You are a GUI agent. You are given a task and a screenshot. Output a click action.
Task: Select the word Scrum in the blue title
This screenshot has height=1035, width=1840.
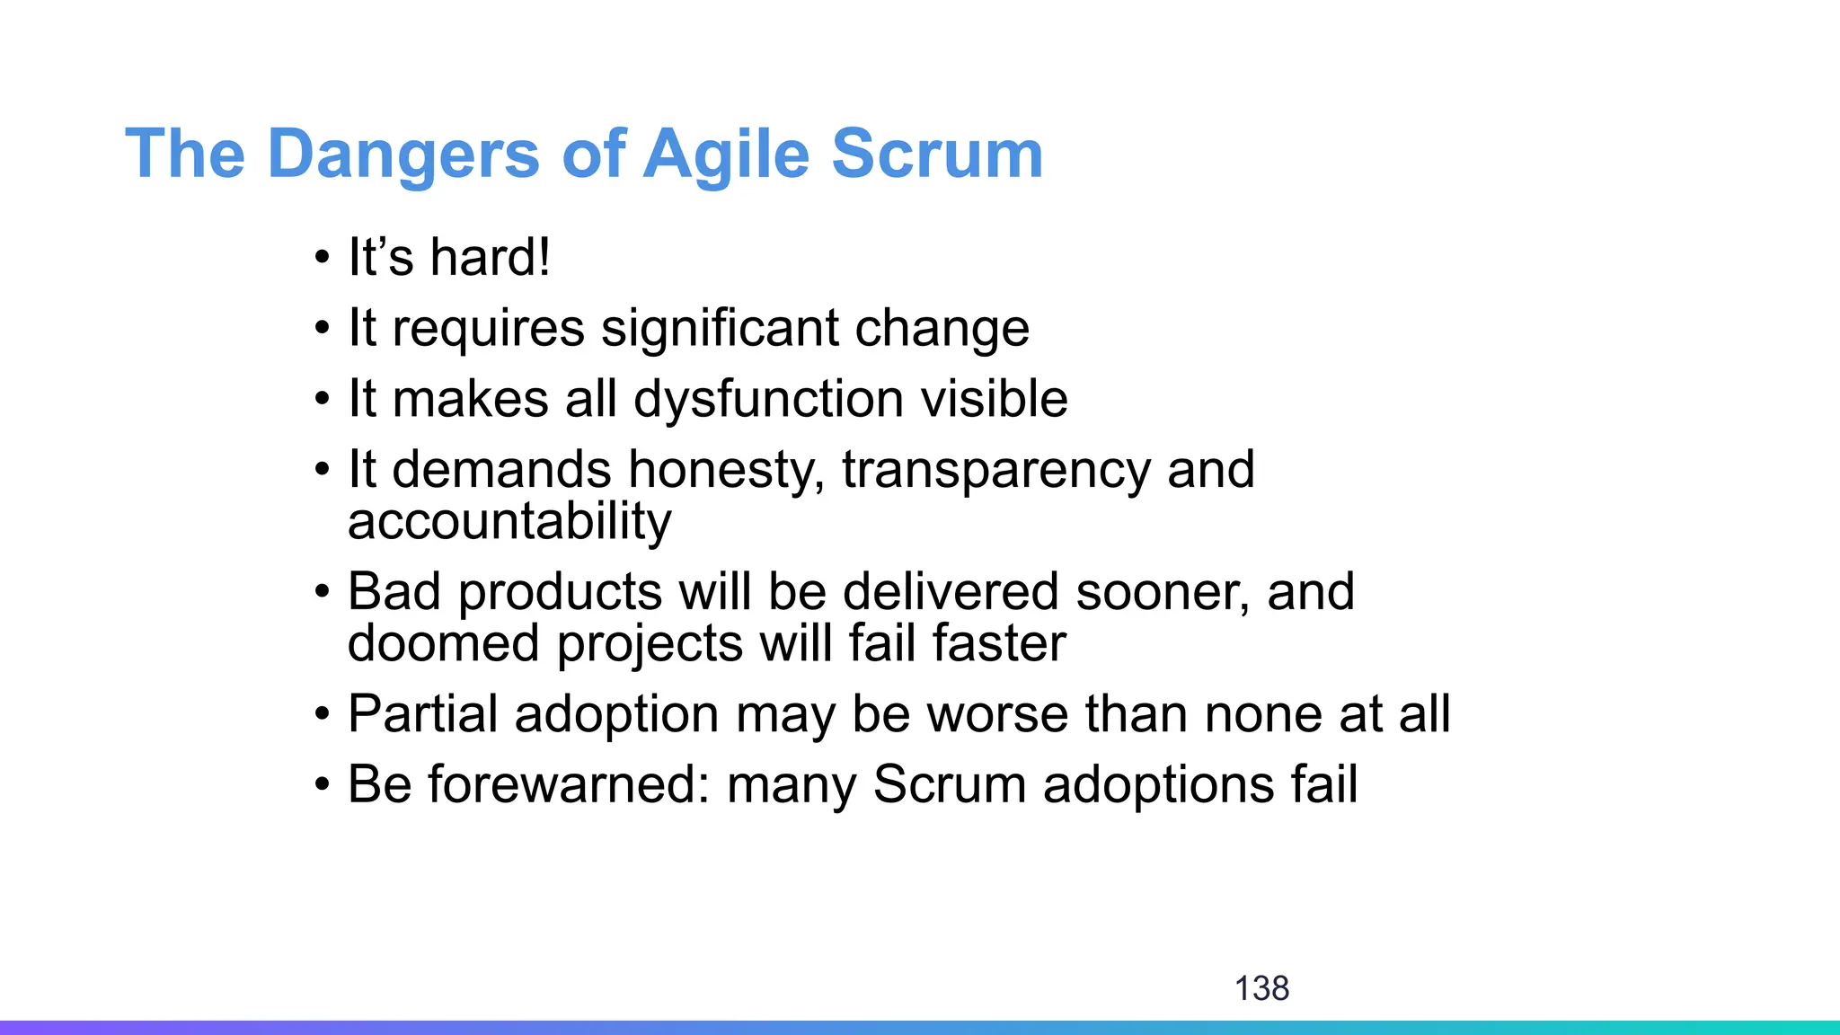coord(936,155)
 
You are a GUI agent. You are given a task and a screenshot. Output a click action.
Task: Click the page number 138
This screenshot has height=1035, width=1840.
coord(1261,988)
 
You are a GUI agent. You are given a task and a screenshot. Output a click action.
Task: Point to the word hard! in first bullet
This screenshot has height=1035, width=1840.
coord(490,257)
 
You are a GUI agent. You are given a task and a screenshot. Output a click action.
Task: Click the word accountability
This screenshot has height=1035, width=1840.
coord(509,521)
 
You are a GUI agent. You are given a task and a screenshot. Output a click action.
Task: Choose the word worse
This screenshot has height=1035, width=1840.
coord(996,714)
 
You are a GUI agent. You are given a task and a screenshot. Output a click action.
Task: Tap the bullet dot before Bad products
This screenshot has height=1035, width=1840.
coord(323,594)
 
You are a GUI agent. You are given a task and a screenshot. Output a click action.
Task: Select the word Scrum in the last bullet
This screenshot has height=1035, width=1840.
coord(950,784)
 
